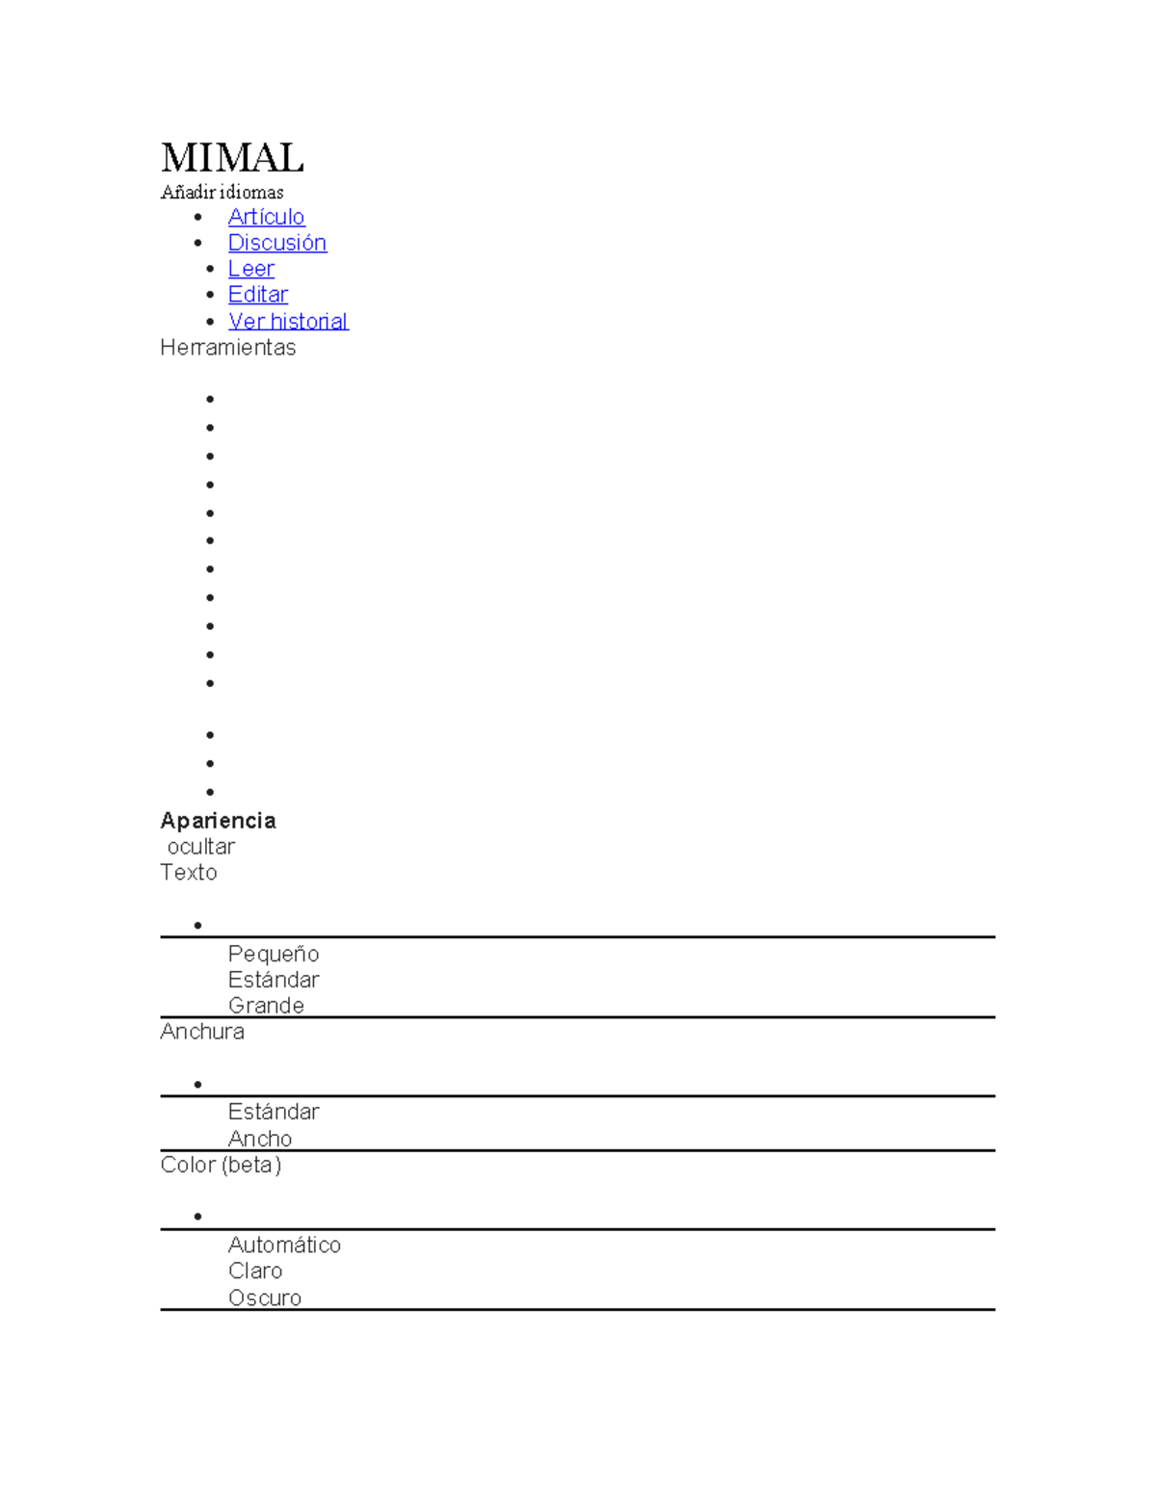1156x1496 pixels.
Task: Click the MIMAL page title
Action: coord(232,158)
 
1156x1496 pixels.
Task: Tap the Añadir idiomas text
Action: coord(222,192)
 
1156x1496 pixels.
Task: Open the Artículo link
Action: coord(267,217)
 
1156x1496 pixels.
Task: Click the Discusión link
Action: coord(277,243)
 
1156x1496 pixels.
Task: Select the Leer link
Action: coord(251,269)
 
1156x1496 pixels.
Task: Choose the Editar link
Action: coord(258,295)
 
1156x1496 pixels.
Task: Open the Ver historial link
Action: coord(288,321)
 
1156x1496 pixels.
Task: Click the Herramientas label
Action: coord(228,348)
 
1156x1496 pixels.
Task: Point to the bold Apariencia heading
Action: coord(219,821)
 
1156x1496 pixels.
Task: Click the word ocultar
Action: coord(201,847)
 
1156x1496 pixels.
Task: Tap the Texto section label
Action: coord(189,873)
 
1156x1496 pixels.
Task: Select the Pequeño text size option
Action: coord(274,955)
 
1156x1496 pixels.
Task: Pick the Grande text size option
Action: coord(267,1006)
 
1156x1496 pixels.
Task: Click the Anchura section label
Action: coord(202,1032)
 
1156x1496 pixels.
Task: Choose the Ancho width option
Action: coord(260,1140)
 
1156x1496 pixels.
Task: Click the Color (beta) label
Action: coord(221,1166)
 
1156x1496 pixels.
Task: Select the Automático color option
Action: coord(284,1246)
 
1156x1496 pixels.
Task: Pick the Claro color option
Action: coord(255,1271)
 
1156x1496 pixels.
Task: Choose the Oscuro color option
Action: coord(265,1299)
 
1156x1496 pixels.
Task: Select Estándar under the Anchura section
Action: coord(274,1112)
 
